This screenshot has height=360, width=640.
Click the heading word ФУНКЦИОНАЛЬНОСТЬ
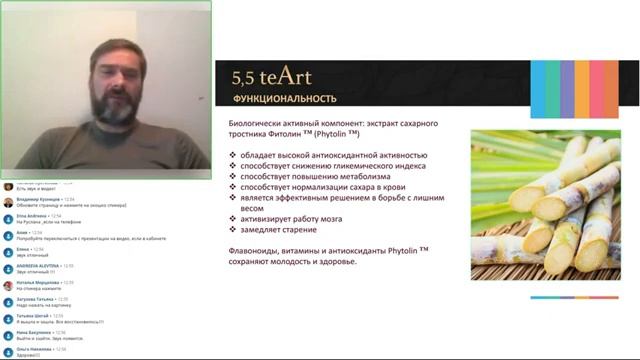point(284,99)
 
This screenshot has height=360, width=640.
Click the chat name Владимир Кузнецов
point(36,199)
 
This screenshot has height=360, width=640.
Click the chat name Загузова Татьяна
point(36,299)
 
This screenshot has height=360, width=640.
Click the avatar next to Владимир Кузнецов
point(8,202)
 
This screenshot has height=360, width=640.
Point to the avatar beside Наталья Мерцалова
point(8,286)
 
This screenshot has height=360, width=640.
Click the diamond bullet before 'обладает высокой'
point(233,156)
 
